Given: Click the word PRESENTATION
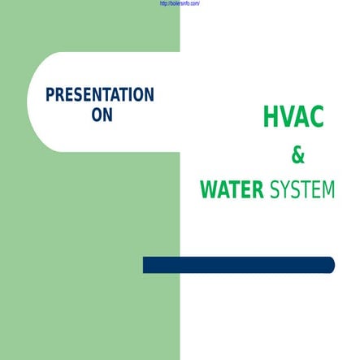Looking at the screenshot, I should [x=99, y=94].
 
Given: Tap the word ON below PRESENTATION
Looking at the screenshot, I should [x=102, y=115].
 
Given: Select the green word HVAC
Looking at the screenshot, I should [x=293, y=119].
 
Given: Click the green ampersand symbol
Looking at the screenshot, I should [x=297, y=156].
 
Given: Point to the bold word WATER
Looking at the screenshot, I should [x=232, y=191].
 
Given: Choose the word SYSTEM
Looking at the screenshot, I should [x=301, y=191].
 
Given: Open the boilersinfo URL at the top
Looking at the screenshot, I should [x=176, y=4].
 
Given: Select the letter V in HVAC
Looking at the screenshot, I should [x=286, y=119].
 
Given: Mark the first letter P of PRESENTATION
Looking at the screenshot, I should [x=50, y=94].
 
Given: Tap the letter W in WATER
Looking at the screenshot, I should [x=208, y=191].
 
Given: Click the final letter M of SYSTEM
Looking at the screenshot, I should [x=327, y=191].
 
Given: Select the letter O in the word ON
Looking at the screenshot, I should [x=96, y=115].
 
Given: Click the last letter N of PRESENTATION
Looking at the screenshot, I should [x=149, y=94].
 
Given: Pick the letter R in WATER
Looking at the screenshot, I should [x=257, y=191].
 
